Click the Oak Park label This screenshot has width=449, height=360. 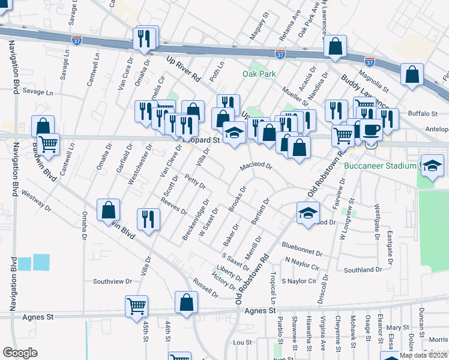259,74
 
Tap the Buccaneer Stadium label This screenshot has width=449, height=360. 381,165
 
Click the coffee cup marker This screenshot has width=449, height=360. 371,130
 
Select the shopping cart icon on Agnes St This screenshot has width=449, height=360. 137,306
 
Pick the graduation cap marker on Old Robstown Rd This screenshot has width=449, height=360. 308,213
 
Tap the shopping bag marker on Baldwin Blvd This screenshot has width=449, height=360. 108,210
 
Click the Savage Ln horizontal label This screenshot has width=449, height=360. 38,92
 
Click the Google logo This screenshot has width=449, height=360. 20,353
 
